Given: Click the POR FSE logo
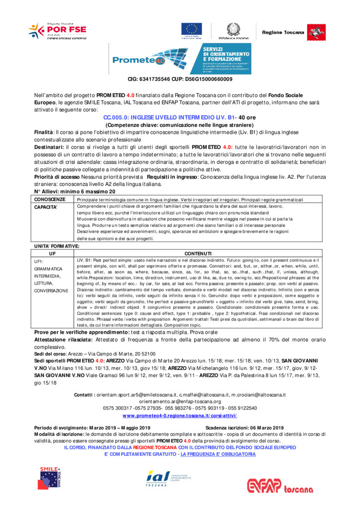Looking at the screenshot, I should [x=57, y=31].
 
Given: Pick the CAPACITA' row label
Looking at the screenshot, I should [x=46, y=206].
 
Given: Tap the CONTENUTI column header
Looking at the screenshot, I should [x=198, y=254].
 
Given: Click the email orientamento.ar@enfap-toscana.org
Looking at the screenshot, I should [x=180, y=401].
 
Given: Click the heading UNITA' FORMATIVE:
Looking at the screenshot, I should [x=56, y=246].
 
